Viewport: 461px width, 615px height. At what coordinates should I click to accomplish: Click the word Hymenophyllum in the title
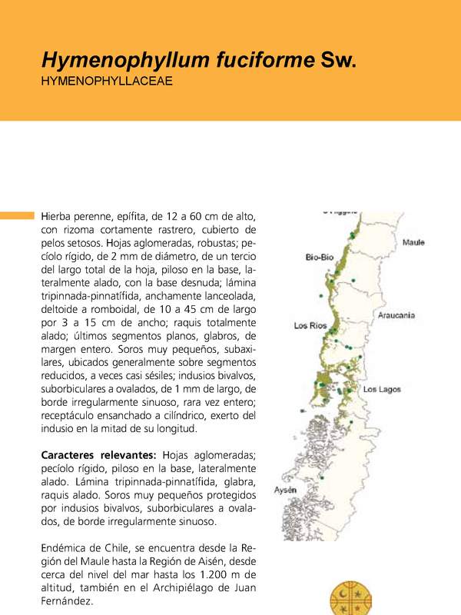click(x=116, y=61)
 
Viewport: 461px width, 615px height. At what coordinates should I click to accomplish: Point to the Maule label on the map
click(x=413, y=243)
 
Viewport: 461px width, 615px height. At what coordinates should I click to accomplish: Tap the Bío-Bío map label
click(x=319, y=257)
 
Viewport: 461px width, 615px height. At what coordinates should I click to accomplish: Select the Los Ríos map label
click(x=312, y=326)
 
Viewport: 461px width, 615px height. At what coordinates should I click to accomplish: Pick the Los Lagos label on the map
click(x=382, y=390)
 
